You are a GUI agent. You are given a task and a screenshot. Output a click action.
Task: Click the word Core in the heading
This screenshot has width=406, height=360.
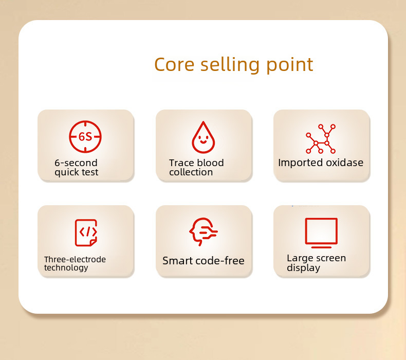174,64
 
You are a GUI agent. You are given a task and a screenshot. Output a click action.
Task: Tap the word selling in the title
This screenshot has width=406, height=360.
230,65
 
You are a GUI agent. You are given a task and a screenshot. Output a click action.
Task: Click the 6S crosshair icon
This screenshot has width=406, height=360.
85,137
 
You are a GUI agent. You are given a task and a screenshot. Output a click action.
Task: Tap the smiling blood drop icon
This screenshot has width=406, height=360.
204,137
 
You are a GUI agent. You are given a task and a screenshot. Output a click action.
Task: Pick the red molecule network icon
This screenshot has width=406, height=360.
321,139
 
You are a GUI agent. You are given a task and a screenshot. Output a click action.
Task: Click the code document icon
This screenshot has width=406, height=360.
86,233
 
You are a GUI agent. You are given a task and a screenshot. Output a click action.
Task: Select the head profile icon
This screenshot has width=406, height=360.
204,231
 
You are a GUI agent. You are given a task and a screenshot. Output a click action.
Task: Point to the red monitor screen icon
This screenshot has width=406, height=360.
321,233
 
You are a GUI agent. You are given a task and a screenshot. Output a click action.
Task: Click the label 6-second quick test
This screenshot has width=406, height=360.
77,168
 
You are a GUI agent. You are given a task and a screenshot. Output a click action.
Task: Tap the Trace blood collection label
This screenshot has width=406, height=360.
196,168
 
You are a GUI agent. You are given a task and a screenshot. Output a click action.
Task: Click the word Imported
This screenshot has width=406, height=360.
301,163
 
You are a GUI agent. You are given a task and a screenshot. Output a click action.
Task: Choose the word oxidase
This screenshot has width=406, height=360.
345,163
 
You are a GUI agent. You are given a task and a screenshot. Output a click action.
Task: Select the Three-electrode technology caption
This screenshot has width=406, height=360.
75,264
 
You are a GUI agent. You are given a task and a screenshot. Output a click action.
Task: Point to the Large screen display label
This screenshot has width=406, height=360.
316,263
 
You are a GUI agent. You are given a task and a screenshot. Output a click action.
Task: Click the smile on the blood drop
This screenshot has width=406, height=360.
204,142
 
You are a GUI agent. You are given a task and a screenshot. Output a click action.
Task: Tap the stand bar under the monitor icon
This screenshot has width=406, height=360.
321,247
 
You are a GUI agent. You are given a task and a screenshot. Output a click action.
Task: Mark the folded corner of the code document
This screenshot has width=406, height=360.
94,243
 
